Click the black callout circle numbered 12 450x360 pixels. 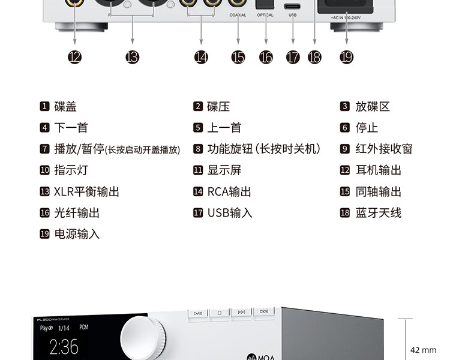click(74, 57)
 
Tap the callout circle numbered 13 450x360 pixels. click(132, 57)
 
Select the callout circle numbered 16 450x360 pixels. click(266, 57)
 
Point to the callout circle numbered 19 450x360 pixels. click(346, 57)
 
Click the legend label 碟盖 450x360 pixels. click(65, 107)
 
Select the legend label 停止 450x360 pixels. click(367, 128)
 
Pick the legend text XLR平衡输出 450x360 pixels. click(86, 192)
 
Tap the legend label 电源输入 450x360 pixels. click(77, 234)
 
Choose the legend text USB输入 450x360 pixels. click(230, 213)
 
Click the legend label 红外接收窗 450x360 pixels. click(384, 149)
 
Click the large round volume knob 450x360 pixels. click(144, 338)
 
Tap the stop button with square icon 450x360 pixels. click(220, 313)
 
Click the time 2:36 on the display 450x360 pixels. click(64, 347)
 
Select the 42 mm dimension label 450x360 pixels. click(423, 350)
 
